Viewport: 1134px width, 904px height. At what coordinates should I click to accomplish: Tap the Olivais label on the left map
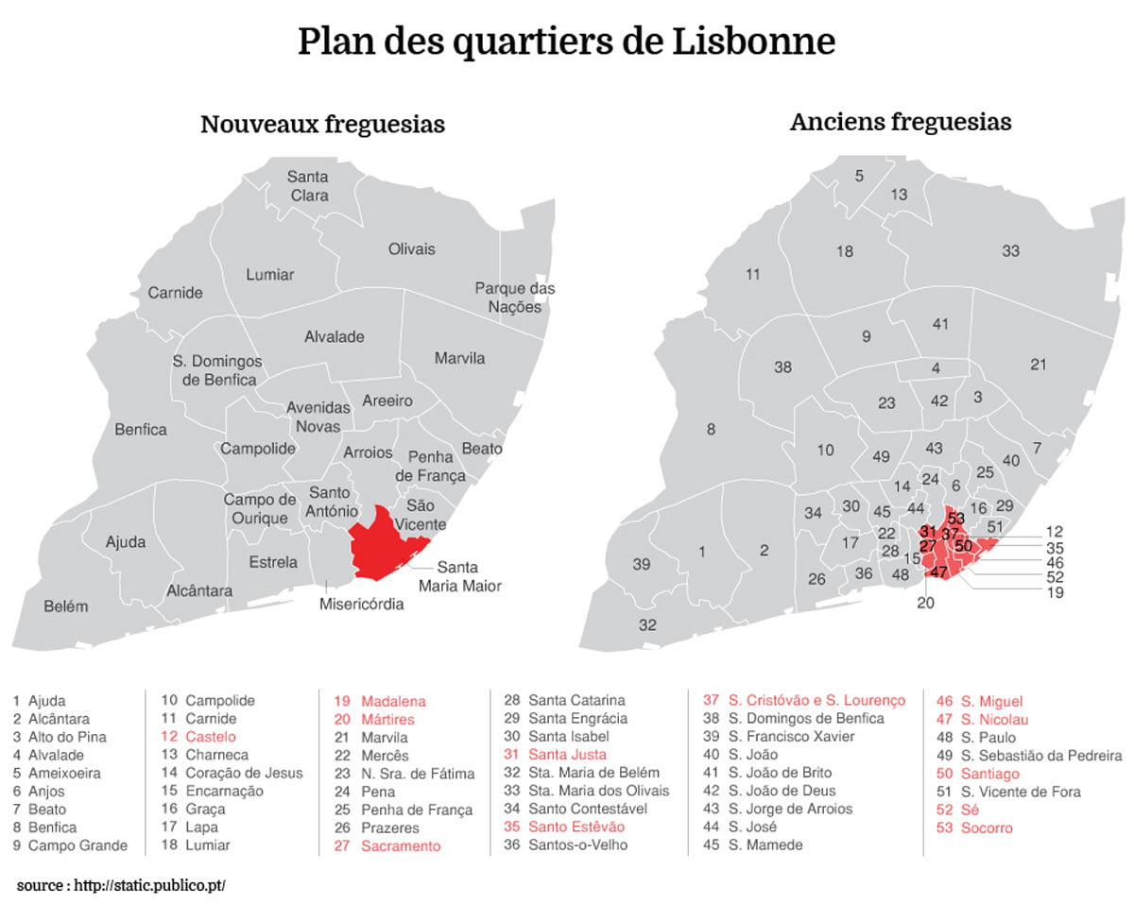tap(412, 249)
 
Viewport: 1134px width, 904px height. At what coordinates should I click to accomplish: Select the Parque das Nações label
tap(515, 298)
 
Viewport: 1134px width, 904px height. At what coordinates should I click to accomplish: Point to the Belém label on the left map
tap(66, 606)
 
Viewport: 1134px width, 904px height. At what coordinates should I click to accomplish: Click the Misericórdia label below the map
tap(362, 605)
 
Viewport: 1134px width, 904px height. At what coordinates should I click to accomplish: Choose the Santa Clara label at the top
tap(308, 186)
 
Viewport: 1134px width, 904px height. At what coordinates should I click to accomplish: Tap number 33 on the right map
tap(1011, 251)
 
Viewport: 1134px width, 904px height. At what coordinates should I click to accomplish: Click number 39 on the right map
tap(642, 565)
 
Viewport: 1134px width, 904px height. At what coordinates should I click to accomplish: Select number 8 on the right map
tap(711, 431)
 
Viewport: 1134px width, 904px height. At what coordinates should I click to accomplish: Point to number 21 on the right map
tap(1039, 365)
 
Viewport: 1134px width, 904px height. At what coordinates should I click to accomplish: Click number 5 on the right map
tap(859, 176)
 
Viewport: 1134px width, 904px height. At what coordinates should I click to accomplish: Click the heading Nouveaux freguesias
tap(322, 124)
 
